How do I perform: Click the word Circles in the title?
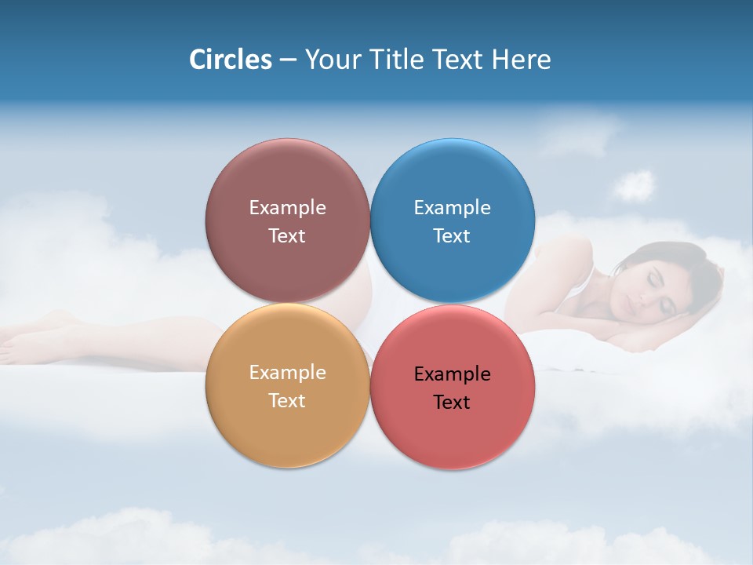tap(230, 60)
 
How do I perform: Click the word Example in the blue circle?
tap(452, 208)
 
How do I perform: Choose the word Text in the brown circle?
tap(287, 236)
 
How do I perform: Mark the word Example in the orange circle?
tap(287, 373)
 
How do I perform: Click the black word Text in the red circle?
tap(452, 403)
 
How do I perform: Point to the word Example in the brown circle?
tap(287, 208)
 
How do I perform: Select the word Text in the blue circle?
tap(452, 236)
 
